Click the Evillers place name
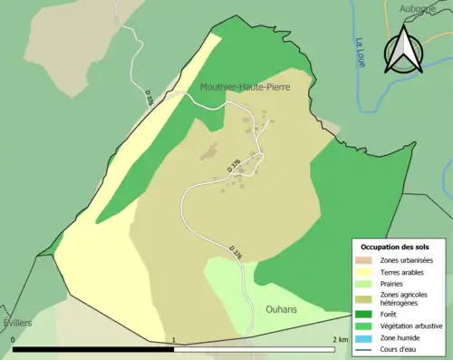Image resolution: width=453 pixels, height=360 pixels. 16,323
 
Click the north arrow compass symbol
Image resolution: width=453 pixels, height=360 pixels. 404,49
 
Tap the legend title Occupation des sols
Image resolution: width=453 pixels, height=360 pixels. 401,247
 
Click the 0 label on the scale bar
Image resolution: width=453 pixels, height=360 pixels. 14,340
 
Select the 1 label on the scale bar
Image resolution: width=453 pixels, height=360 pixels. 173,340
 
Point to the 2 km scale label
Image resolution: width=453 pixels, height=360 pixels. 339,340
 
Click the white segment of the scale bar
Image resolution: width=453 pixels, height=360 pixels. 254,349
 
